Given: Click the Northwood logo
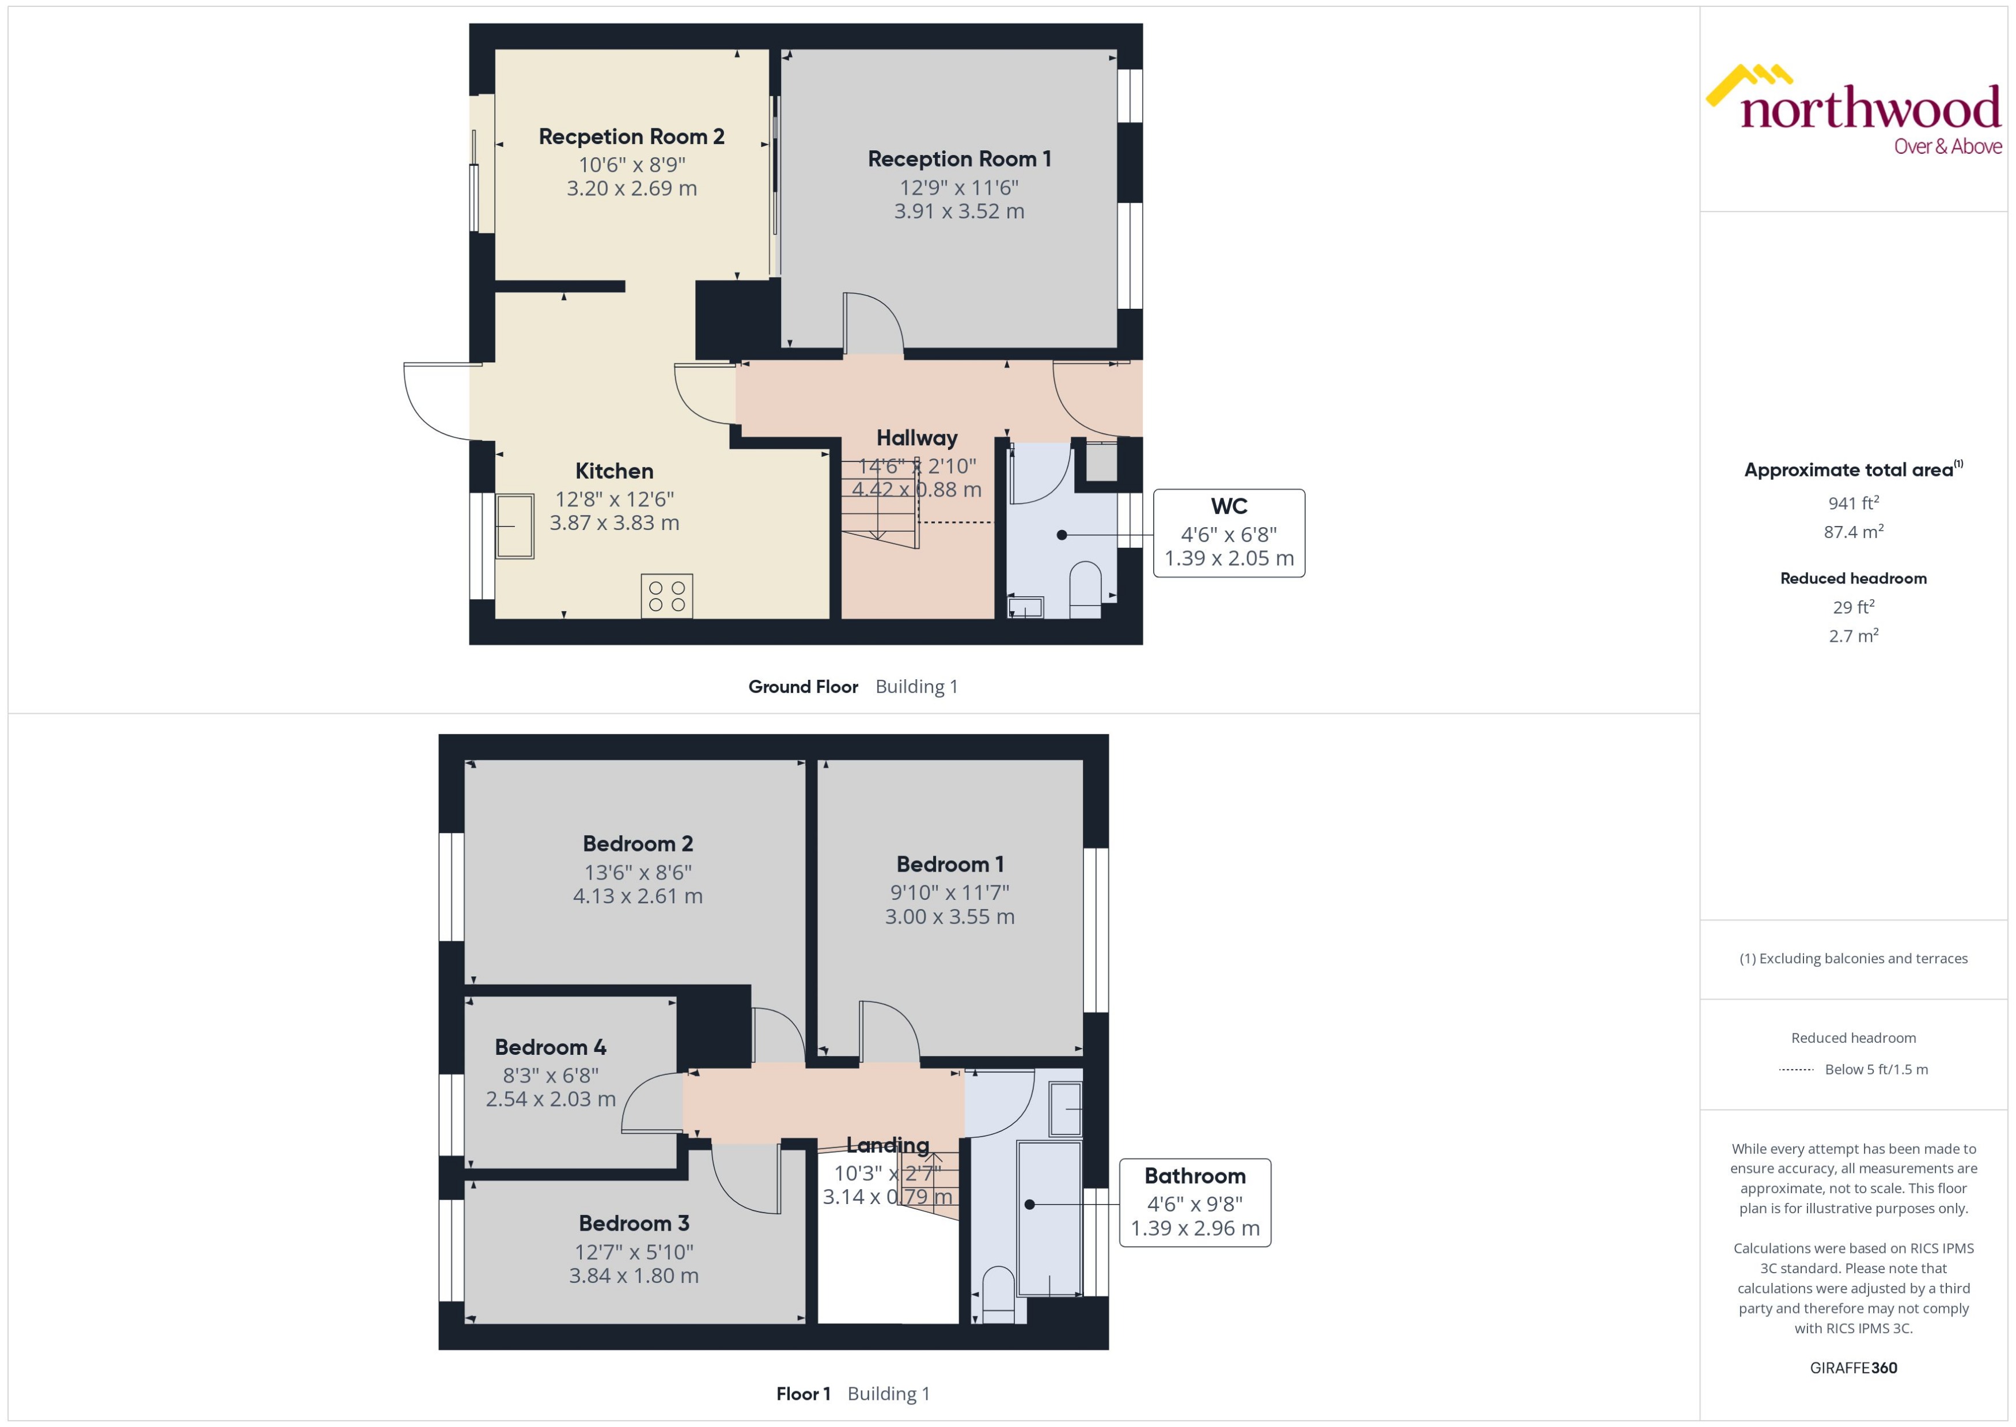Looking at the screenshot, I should coord(1854,111).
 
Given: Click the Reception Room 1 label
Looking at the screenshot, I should coord(959,159).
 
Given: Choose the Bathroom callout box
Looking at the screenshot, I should coord(1195,1202).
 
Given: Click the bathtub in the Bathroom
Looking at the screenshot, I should coord(1049,1217).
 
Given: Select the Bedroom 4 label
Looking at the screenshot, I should coord(550,1047).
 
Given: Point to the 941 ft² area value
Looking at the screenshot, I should coord(1854,504).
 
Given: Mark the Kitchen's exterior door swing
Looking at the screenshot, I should coord(435,400).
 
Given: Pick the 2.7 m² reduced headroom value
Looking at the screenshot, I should coord(1854,636).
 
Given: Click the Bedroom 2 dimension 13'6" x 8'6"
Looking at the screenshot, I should coord(638,873).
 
